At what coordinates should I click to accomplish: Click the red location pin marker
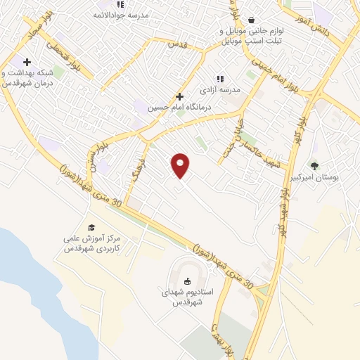(181, 165)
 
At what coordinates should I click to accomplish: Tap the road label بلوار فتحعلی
(64, 52)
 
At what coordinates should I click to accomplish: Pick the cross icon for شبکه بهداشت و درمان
(27, 63)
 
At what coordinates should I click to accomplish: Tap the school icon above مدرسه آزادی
(220, 79)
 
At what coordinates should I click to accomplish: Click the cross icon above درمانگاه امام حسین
(179, 96)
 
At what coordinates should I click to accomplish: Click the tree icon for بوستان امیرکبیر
(314, 166)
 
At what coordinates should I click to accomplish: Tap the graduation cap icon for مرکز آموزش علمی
(91, 227)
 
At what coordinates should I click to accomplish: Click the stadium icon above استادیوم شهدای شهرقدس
(187, 282)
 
